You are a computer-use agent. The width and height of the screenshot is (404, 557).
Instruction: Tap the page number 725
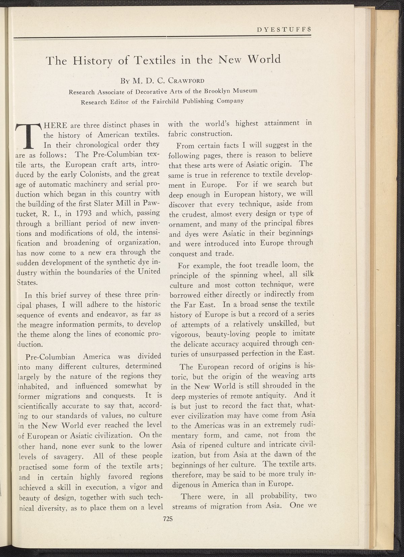(167, 519)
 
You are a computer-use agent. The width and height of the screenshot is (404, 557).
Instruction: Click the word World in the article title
(264, 59)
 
